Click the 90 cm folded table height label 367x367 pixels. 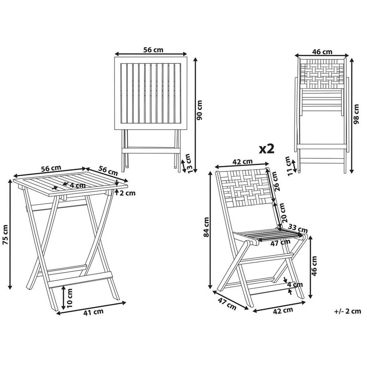pos(200,110)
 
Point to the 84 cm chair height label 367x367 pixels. pos(206,228)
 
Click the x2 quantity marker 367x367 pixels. pos(267,149)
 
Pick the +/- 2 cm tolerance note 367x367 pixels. pos(347,312)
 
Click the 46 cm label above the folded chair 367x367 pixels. pos(322,52)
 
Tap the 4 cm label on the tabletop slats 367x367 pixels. pos(77,185)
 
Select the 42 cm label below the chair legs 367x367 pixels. pos(284,310)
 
